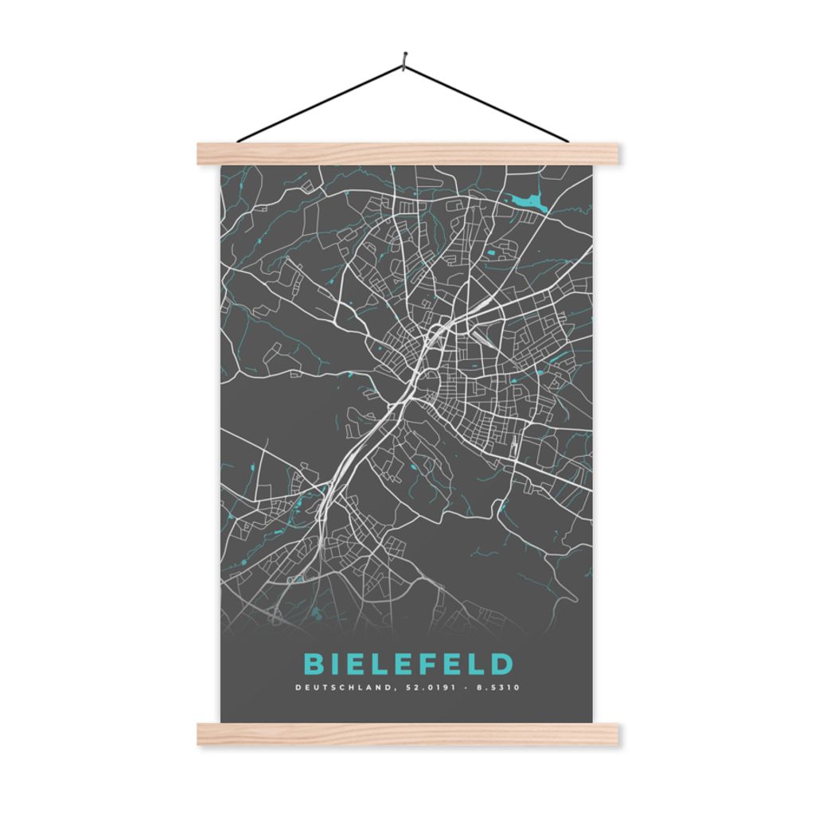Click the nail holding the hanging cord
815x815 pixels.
(x=404, y=57)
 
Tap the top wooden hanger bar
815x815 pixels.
(x=407, y=154)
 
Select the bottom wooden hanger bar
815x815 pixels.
(x=407, y=734)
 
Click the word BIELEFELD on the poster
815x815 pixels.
(x=408, y=664)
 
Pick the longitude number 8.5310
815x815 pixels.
(x=499, y=688)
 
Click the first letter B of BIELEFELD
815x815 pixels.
(x=313, y=664)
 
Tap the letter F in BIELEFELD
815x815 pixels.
(x=432, y=664)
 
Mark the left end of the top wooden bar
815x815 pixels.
(x=204, y=154)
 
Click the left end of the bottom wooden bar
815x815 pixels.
(x=204, y=734)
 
